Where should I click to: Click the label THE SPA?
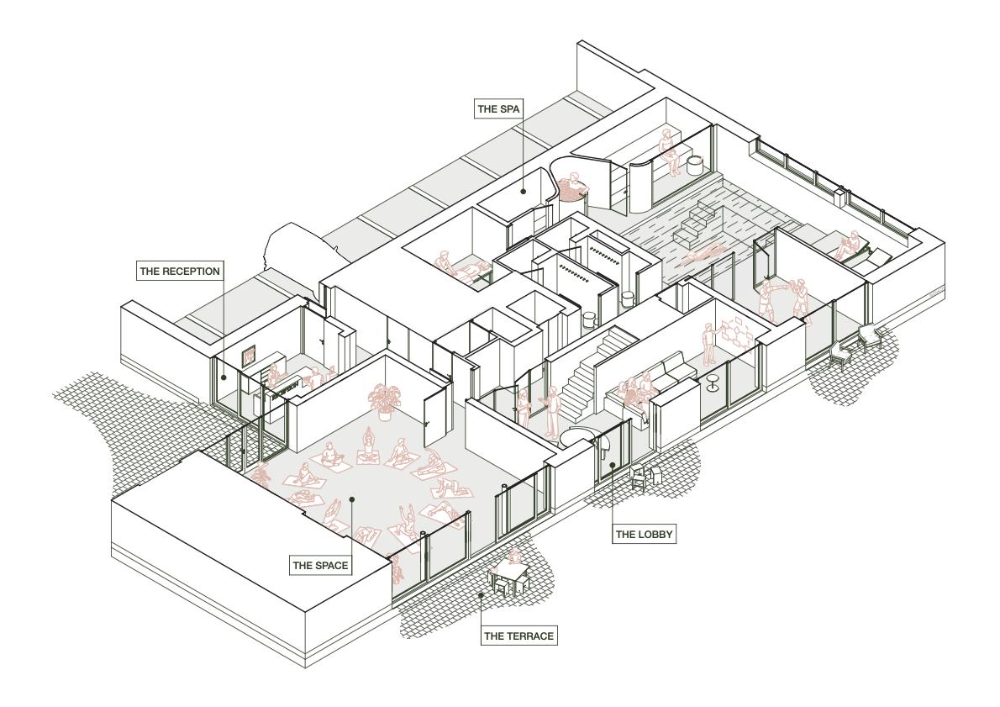coord(498,109)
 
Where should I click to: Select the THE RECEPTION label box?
coord(180,272)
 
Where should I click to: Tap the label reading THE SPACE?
coord(320,565)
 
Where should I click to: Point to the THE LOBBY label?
coord(645,534)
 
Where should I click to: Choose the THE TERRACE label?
coord(518,636)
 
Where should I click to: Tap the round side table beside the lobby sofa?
coord(712,383)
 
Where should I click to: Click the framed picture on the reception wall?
coord(248,355)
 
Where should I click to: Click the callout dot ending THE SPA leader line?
coord(523,190)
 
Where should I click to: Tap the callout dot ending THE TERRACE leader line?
coord(482,594)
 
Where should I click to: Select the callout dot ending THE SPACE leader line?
coord(351,499)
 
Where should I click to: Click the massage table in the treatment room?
coord(473,272)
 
